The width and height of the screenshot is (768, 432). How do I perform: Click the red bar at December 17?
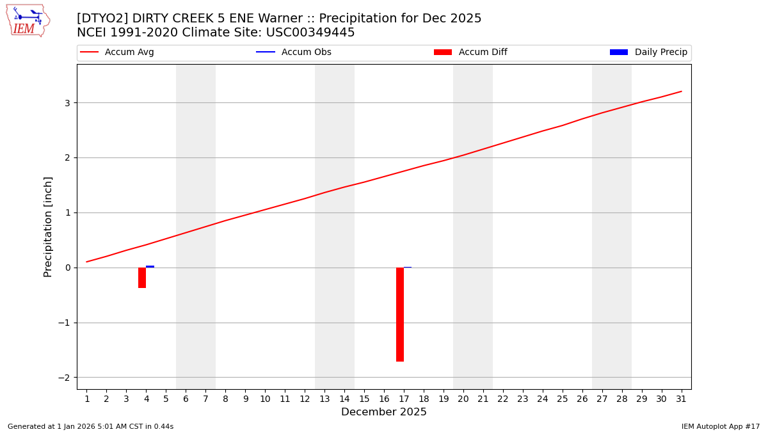(x=400, y=314)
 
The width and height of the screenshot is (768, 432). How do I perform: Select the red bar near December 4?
(x=142, y=278)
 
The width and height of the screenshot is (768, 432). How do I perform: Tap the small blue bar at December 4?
(x=150, y=266)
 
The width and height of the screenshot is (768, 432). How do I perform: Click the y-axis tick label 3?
(x=67, y=103)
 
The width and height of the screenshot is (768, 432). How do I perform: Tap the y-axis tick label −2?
(x=64, y=378)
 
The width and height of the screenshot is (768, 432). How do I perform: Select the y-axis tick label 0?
(x=67, y=268)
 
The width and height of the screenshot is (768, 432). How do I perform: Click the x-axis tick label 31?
(x=681, y=399)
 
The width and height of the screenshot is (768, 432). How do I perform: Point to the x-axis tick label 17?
(x=404, y=399)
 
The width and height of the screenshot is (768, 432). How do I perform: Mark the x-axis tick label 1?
(x=87, y=399)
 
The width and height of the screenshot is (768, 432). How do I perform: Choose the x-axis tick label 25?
(x=563, y=399)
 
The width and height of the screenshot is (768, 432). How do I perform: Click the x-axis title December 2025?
(x=384, y=412)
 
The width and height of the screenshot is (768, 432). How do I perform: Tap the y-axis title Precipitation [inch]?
(x=48, y=227)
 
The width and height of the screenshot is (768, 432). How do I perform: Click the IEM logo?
(x=28, y=20)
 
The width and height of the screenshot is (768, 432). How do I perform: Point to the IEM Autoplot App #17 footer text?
(x=721, y=426)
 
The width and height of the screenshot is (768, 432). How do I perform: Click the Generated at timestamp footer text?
(x=90, y=426)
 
